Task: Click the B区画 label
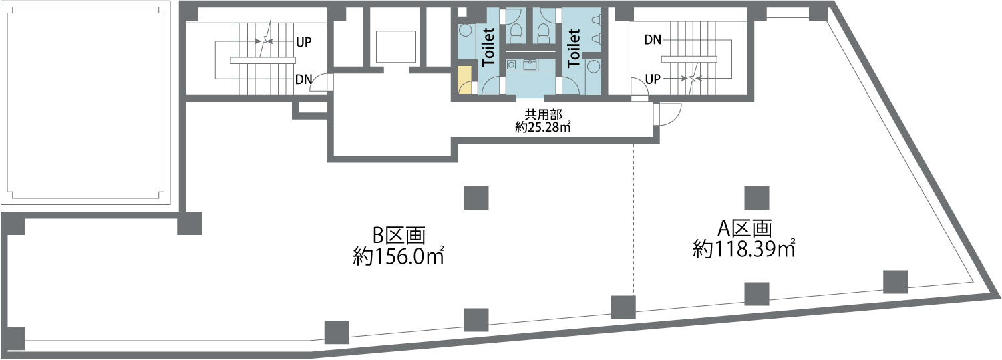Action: [x=399, y=236]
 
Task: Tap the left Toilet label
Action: [x=488, y=47]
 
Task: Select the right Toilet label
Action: [x=573, y=47]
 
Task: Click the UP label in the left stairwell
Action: [x=304, y=41]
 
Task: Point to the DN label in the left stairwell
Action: [x=304, y=79]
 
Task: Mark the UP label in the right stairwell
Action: [x=653, y=79]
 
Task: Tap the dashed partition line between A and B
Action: [x=633, y=220]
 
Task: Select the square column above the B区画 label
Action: [x=476, y=198]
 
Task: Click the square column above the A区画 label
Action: [x=757, y=198]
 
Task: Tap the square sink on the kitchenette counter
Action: [x=530, y=65]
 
